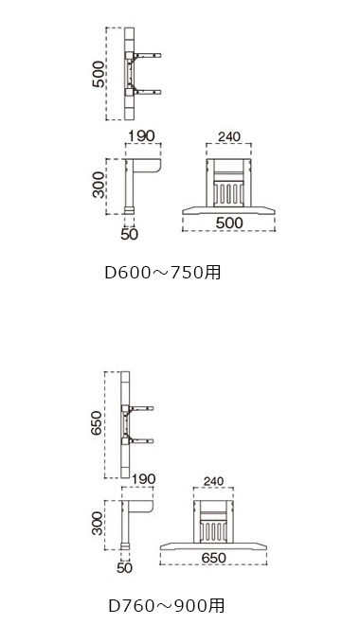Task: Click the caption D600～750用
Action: click(163, 273)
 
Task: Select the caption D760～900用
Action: click(167, 605)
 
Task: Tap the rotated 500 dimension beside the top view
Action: click(99, 74)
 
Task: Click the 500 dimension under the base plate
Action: click(229, 223)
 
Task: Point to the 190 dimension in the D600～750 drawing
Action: click(141, 135)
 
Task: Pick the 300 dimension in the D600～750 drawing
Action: click(99, 185)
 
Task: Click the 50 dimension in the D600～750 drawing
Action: click(129, 234)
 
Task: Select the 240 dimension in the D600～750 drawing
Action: click(229, 136)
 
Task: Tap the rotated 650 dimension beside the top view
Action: click(97, 423)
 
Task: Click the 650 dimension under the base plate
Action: click(214, 558)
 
